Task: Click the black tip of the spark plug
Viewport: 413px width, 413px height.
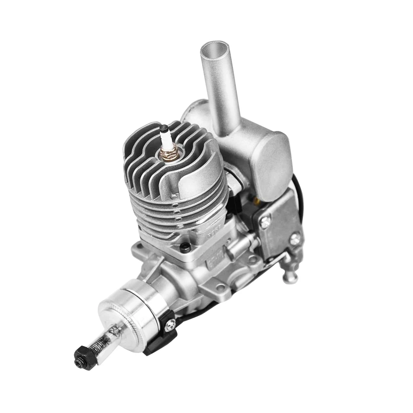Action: point(164,128)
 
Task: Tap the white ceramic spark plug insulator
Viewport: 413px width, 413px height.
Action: point(165,139)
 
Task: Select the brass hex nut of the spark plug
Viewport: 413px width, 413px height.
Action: point(168,152)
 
